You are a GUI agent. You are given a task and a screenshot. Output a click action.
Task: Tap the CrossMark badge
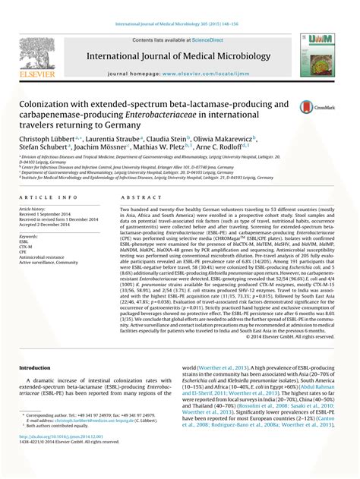point(309,108)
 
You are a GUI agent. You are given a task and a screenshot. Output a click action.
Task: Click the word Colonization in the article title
point(52,103)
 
